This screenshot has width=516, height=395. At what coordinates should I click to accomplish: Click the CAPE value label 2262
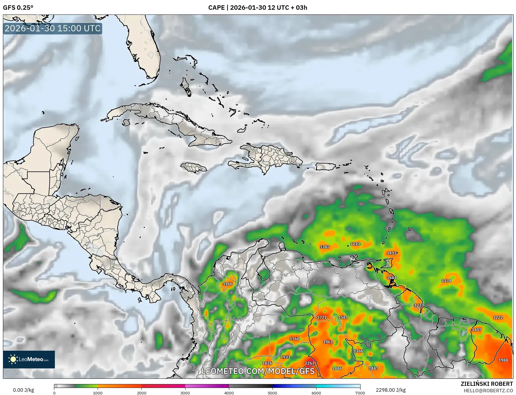pyautogui.click(x=309, y=363)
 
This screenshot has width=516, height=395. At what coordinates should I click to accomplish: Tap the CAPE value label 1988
pyautogui.click(x=503, y=360)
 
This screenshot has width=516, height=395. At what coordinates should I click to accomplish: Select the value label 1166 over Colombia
pyautogui.click(x=227, y=284)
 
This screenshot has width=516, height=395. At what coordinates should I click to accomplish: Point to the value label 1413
pyautogui.click(x=391, y=253)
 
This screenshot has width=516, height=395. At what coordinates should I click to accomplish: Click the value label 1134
pyautogui.click(x=446, y=281)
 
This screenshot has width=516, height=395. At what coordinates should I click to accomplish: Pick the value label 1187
pyautogui.click(x=325, y=247)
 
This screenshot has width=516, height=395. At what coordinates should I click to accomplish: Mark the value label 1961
pyautogui.click(x=328, y=342)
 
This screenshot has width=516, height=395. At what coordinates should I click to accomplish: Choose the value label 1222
pyautogui.click(x=498, y=317)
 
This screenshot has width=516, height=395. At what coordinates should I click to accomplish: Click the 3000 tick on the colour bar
pyautogui.click(x=185, y=393)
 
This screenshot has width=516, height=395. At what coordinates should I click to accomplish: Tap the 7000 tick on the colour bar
pyautogui.click(x=360, y=393)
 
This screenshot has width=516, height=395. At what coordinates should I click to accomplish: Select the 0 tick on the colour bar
pyautogui.click(x=54, y=393)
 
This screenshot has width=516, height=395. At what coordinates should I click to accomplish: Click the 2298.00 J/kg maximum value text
pyautogui.click(x=391, y=390)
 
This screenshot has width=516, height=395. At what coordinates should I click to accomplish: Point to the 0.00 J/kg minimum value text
pyautogui.click(x=23, y=390)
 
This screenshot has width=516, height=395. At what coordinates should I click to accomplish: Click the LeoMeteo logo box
pyautogui.click(x=29, y=359)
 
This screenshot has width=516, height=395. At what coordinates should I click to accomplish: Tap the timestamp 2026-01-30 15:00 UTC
pyautogui.click(x=53, y=28)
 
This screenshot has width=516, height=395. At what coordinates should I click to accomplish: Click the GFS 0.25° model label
pyautogui.click(x=18, y=8)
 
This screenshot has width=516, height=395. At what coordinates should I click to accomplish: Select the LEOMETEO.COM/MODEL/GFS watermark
pyautogui.click(x=258, y=371)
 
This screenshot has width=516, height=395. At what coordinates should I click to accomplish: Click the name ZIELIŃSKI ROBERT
pyautogui.click(x=487, y=384)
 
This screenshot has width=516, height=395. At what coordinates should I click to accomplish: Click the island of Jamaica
pyautogui.click(x=194, y=168)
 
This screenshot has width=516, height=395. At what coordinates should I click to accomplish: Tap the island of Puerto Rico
pyautogui.click(x=326, y=167)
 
